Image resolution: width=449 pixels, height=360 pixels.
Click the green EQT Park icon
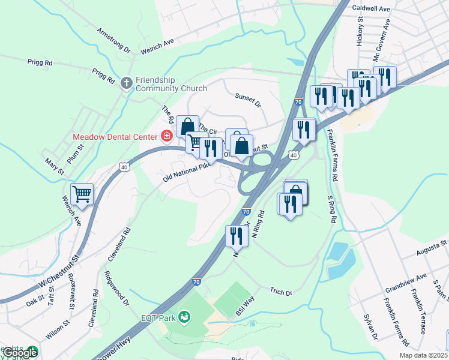tap(184, 316)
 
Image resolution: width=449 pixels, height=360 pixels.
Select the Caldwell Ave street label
tap(371, 9)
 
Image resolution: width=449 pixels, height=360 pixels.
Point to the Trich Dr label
tap(280, 292)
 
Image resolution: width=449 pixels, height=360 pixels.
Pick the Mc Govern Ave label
tap(382, 40)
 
